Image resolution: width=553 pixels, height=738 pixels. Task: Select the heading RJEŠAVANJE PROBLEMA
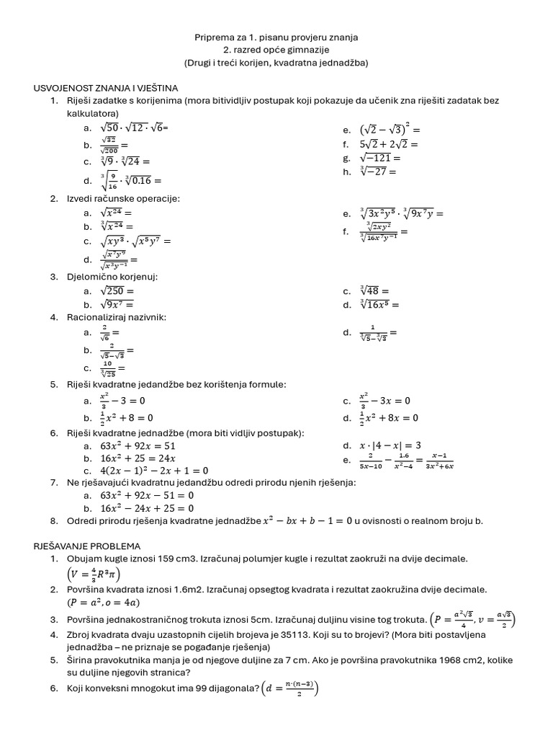pos(87,546)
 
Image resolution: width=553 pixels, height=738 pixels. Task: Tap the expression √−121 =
pos(382,158)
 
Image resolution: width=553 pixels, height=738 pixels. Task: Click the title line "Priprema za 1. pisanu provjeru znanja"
pos(276,37)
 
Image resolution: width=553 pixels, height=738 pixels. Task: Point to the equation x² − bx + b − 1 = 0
pos(307,520)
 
